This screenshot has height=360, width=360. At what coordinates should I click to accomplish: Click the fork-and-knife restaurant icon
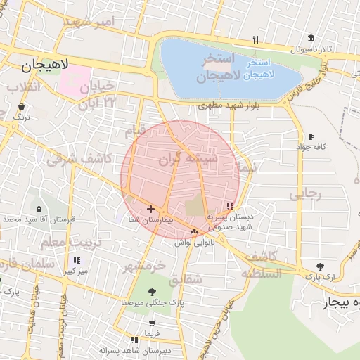pos(256,39)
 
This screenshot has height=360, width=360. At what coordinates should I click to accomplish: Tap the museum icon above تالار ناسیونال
pos(310,39)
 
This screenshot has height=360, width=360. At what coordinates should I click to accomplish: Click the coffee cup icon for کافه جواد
pos(311,136)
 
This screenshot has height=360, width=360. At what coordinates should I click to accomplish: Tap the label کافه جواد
pos(312,146)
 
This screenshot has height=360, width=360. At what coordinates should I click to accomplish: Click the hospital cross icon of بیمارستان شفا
pos(150,209)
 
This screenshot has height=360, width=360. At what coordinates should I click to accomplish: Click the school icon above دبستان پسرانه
pos(230,206)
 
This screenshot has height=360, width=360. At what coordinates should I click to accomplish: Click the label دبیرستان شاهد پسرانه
pos(150,349)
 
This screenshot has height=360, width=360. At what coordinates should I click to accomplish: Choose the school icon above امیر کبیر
pos(77,261)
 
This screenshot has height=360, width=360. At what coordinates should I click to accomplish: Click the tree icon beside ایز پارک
pos(321,266)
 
